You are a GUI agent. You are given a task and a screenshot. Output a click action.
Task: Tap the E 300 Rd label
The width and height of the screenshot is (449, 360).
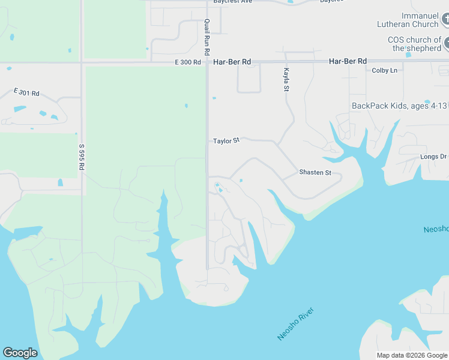pyautogui.click(x=188, y=62)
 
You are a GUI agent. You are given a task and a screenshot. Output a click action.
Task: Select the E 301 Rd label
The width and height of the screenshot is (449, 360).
pyautogui.click(x=26, y=92)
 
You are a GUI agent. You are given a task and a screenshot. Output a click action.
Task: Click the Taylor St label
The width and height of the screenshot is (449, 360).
pyautogui.click(x=226, y=140)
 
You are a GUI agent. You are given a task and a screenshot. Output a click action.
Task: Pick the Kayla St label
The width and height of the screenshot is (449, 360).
pyautogui.click(x=286, y=80)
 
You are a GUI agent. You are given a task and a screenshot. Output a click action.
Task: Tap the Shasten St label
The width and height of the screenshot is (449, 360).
pyautogui.click(x=315, y=173)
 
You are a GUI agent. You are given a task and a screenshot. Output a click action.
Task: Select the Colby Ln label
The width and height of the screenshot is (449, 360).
pyautogui.click(x=385, y=70)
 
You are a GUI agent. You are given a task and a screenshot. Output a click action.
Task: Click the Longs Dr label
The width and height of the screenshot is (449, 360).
pyautogui.click(x=433, y=157)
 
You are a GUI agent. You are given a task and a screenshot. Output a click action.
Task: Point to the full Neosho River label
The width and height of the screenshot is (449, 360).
pyautogui.click(x=296, y=324)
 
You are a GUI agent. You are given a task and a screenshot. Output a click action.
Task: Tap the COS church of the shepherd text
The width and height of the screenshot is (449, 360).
pyautogui.click(x=414, y=44)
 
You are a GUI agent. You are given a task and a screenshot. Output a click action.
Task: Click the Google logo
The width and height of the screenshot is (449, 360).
pyautogui.click(x=20, y=353)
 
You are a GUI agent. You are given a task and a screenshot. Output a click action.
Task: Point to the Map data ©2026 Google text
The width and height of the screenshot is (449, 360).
pyautogui.click(x=412, y=355)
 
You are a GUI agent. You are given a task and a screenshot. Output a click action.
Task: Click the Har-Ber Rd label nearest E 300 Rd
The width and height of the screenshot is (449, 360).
pyautogui.click(x=232, y=62)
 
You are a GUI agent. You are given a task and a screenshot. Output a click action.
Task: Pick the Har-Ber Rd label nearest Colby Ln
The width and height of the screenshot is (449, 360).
pyautogui.click(x=348, y=61)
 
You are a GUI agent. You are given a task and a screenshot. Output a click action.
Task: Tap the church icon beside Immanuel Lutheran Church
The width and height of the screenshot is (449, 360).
pyautogui.click(x=445, y=19)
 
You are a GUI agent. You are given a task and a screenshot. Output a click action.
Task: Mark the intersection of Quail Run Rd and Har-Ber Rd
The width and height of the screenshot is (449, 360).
pyautogui.click(x=207, y=62)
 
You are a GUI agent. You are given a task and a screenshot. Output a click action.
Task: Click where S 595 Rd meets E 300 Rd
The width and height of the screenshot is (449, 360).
pyautogui.click(x=82, y=62)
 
